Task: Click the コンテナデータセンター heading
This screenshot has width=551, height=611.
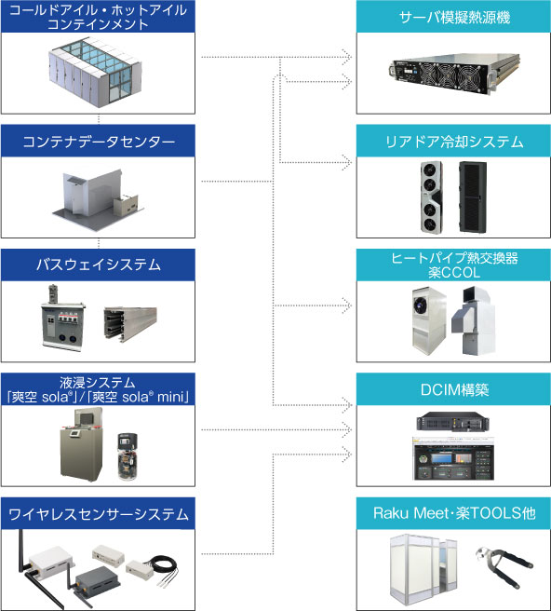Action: [x=98, y=142]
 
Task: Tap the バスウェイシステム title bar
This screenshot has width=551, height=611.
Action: [x=98, y=265]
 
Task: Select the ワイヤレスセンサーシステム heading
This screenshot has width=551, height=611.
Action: [x=98, y=514]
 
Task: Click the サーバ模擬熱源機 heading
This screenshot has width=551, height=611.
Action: [x=454, y=17]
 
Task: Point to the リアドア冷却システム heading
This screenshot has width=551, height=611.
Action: [x=454, y=142]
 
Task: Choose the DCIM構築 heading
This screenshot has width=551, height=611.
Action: [x=454, y=389]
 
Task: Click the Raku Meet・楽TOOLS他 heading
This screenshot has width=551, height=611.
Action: [x=454, y=513]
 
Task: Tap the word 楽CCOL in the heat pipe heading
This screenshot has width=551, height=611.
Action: [x=454, y=272]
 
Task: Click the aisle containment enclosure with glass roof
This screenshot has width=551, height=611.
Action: [x=95, y=72]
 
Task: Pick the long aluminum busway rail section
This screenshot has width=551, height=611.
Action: [x=130, y=322]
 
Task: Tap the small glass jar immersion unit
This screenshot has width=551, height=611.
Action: [x=128, y=455]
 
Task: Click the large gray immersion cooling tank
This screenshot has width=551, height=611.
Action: [x=82, y=444]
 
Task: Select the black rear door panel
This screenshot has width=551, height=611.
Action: [x=473, y=197]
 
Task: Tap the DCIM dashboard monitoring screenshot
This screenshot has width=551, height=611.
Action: [x=453, y=458]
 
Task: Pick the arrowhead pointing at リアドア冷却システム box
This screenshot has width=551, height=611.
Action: [x=346, y=162]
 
